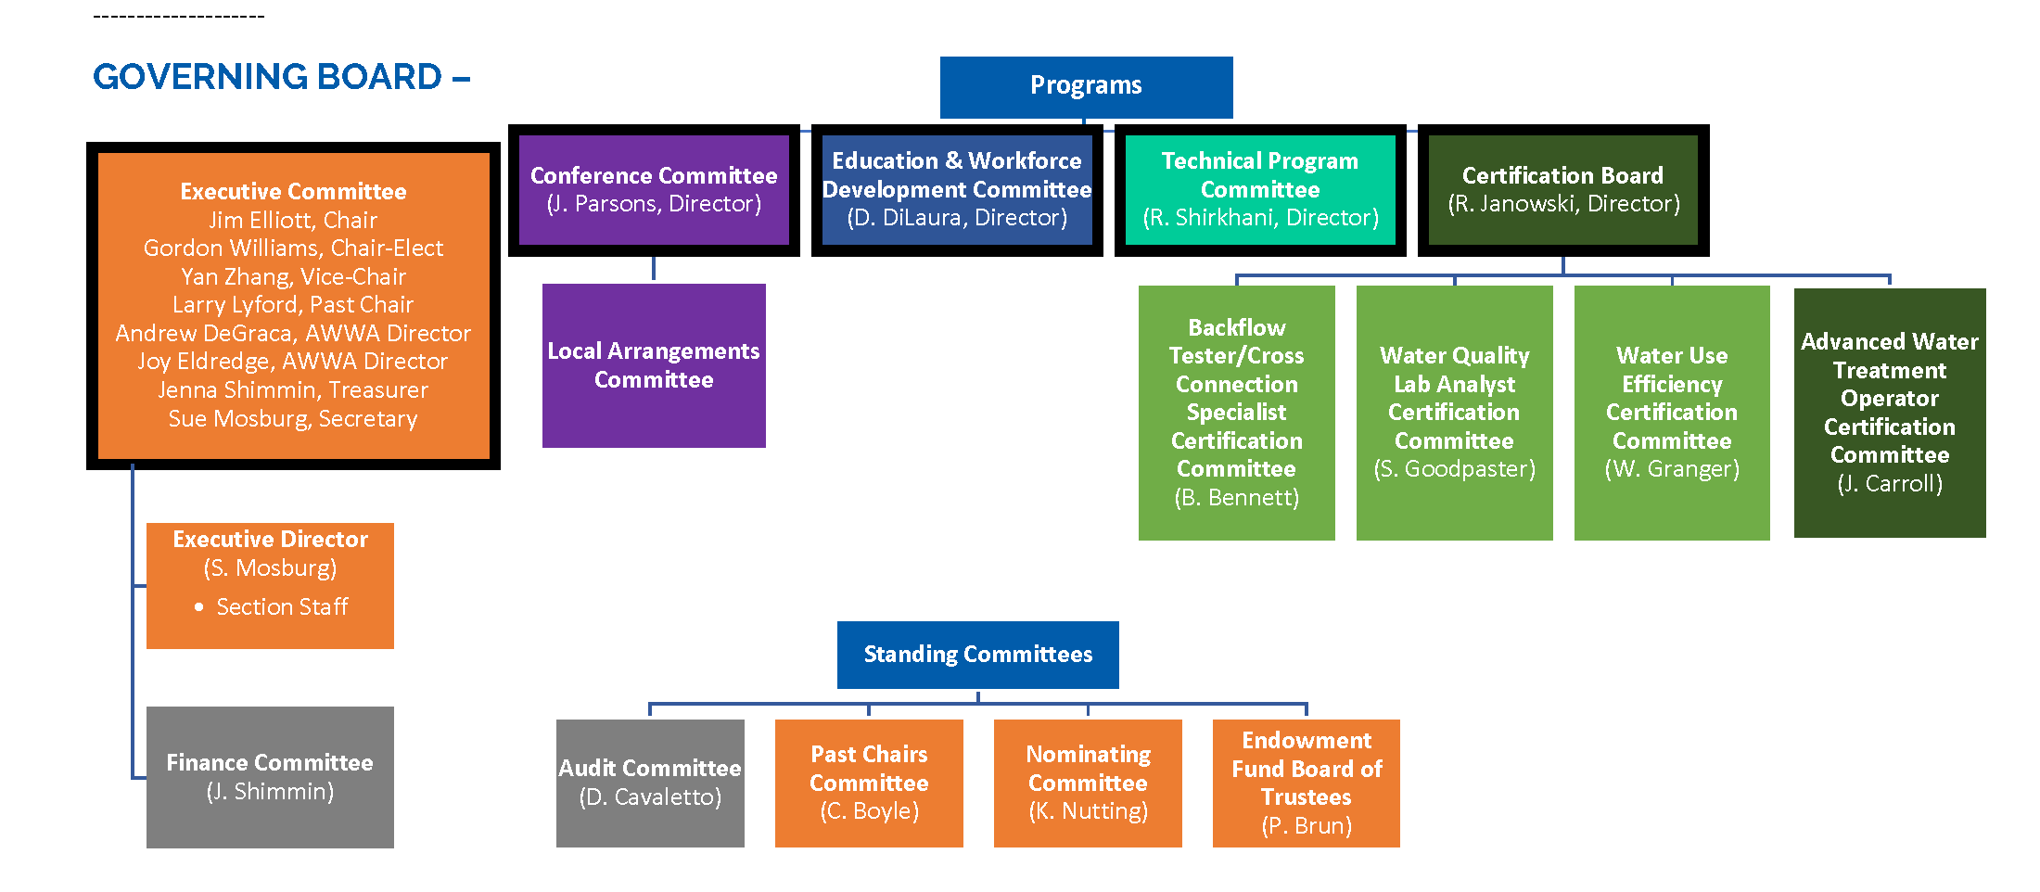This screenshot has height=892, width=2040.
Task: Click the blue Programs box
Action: pyautogui.click(x=1086, y=87)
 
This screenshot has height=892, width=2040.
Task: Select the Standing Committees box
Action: pyautogui.click(x=977, y=655)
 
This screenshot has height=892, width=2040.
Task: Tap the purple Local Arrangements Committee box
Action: pyautogui.click(x=654, y=365)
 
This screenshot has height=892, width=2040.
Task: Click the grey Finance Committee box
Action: pyautogui.click(x=270, y=777)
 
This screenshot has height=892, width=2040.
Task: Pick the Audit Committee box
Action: pyautogui.click(x=650, y=784)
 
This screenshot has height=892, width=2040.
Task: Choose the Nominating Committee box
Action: pyautogui.click(x=1088, y=784)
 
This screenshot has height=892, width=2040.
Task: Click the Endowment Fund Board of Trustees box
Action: pyautogui.click(x=1307, y=784)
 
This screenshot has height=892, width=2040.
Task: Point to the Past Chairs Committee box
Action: pyautogui.click(x=869, y=784)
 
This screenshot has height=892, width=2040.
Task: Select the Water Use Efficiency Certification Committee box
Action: pyautogui.click(x=1672, y=413)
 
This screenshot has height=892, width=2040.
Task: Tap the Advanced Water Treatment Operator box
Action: pyautogui.click(x=1890, y=413)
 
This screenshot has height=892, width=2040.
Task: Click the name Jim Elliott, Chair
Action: pyautogui.click(x=293, y=220)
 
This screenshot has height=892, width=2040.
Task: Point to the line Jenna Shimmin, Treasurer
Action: pyautogui.click(x=293, y=389)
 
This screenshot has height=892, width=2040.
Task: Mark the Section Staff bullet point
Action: pyautogui.click(x=272, y=606)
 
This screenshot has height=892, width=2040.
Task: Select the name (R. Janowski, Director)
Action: pyautogui.click(x=1563, y=203)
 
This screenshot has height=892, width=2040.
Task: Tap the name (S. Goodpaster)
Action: pyautogui.click(x=1454, y=468)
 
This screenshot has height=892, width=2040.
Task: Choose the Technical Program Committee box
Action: pyautogui.click(x=1260, y=190)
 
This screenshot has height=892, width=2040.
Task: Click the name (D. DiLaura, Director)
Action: pyautogui.click(x=957, y=217)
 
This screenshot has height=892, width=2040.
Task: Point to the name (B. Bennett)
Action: pyautogui.click(x=1236, y=497)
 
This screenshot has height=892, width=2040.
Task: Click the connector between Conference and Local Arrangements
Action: pyautogui.click(x=654, y=269)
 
